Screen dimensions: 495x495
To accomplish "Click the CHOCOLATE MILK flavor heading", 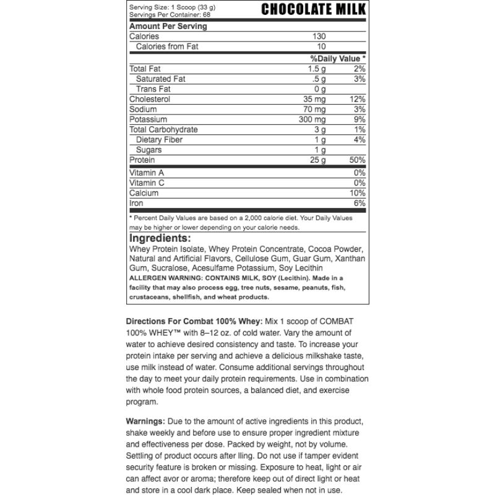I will (313, 9).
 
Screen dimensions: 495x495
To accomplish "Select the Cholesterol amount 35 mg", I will (315, 99).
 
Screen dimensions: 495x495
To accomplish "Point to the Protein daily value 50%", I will (357, 160).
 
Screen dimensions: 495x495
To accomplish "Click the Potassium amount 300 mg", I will (312, 119).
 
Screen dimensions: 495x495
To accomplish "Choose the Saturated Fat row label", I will (160, 79).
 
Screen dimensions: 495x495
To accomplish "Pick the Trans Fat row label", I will (153, 89).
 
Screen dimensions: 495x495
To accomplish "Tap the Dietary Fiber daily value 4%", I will (360, 140).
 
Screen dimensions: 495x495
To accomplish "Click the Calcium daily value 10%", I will (357, 193).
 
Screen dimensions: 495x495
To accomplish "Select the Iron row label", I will (136, 203).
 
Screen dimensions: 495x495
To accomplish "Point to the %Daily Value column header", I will (338, 58).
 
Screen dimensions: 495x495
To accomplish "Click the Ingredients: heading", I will (160, 239).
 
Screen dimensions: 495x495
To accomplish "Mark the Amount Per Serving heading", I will (168, 27).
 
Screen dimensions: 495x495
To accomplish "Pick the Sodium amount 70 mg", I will (315, 109).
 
